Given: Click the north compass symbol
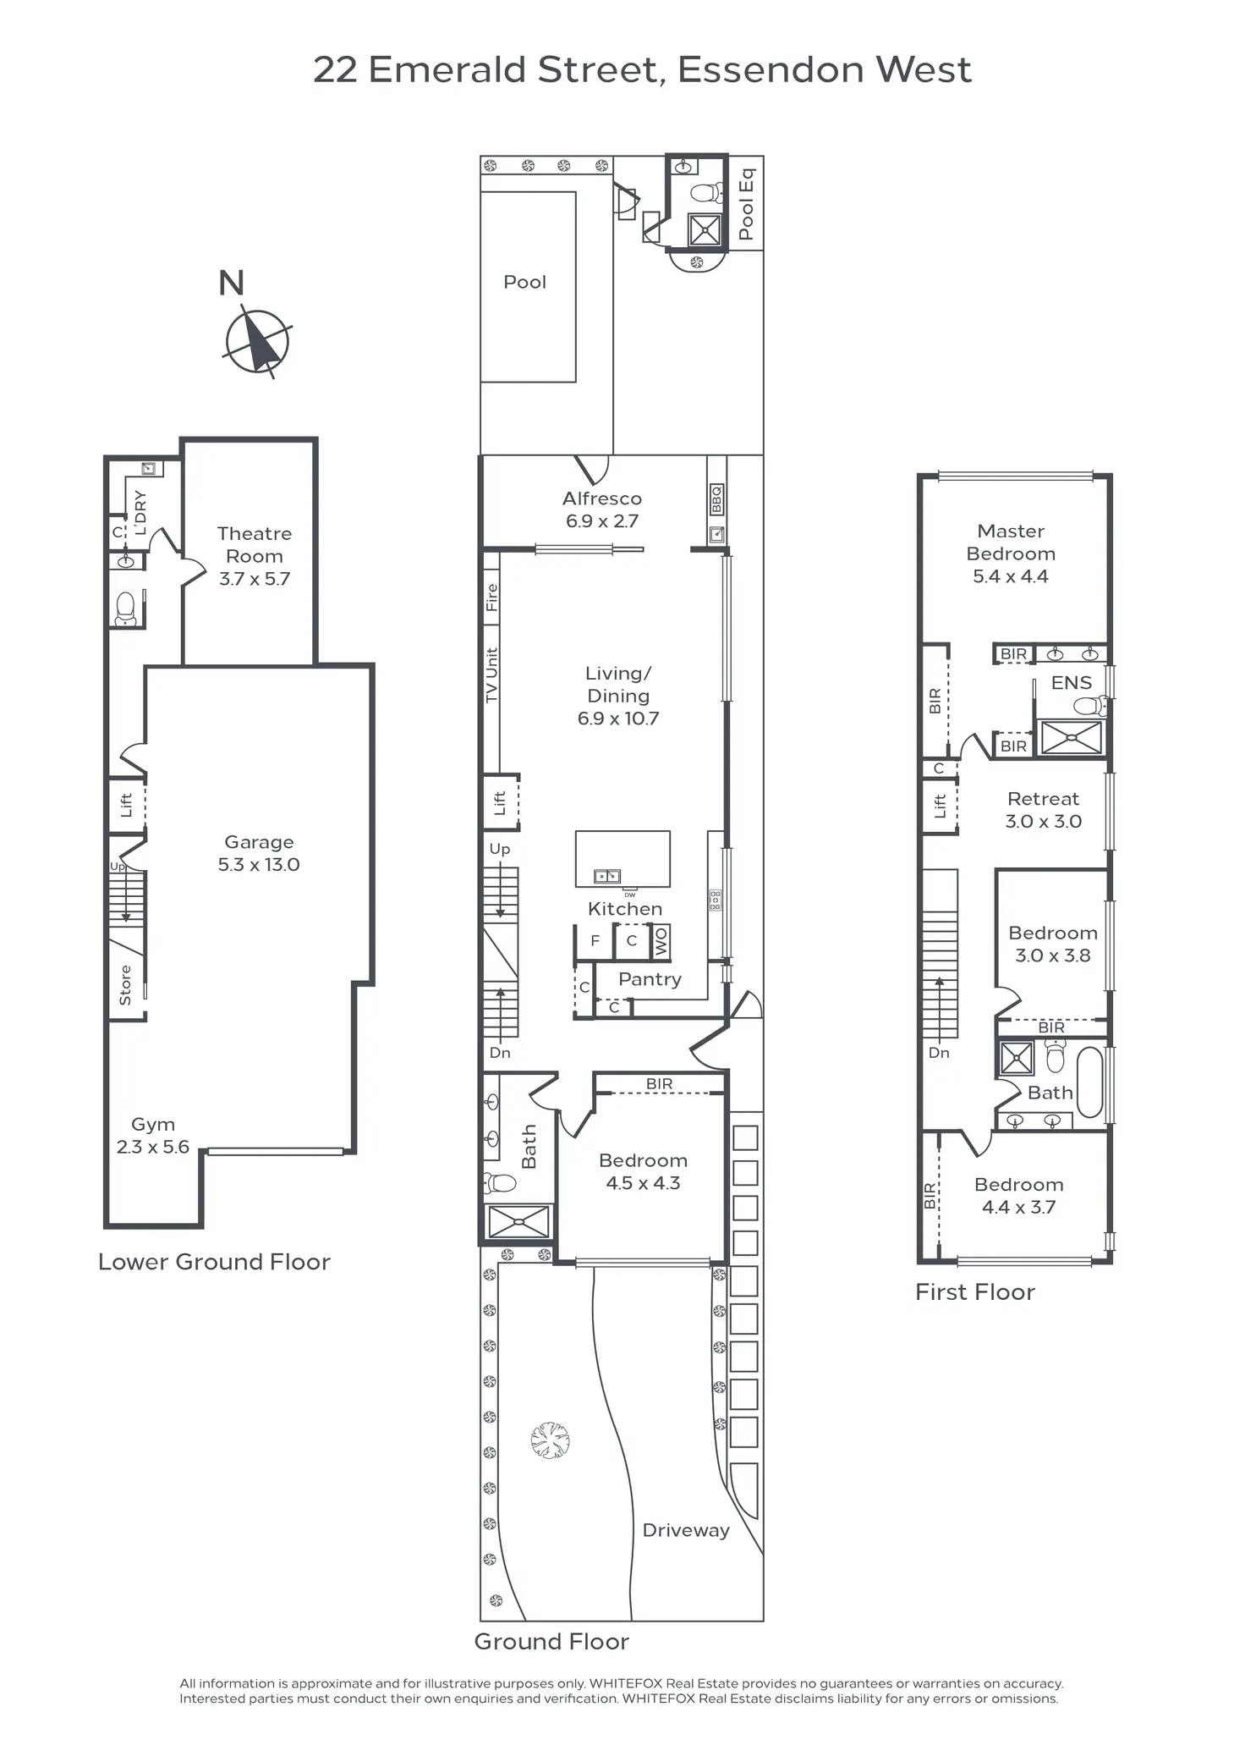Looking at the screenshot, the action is pos(257,343).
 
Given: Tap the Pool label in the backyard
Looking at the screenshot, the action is pos(524,282).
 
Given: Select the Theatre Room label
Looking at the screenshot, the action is pos(254,555).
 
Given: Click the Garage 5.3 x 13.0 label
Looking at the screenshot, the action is pos(259,853).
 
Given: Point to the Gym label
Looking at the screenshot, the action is pos(153,1135).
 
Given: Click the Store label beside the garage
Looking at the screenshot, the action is pos(125,984).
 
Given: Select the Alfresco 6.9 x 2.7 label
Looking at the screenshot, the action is pos(601,509).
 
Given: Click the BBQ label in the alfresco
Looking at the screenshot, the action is pos(716,499).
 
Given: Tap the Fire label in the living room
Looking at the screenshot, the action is pos(491,597).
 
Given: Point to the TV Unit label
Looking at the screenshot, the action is pos(491,675).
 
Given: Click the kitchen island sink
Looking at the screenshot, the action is pos(606,876).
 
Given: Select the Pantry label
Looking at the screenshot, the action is pos(650,979).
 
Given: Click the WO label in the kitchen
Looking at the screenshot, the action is pos(661,941).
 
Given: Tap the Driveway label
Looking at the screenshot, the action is pos(685,1530).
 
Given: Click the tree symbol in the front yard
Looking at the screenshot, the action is pos(550,1440).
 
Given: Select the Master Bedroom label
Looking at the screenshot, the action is pos(1011,553).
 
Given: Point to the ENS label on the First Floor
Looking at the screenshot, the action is pos(1071,682).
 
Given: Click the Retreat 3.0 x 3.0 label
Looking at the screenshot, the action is pos(1043,810).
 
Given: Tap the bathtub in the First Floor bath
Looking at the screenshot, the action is pos(1089,1082).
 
